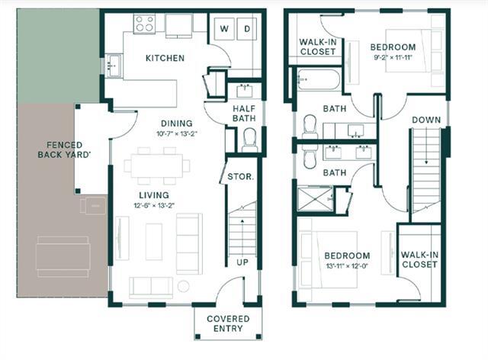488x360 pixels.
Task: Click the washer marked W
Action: (x=224, y=29)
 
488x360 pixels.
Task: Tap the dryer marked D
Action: (x=247, y=29)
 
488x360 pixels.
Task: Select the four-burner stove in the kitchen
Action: (x=144, y=24)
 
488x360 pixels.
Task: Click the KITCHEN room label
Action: (x=165, y=58)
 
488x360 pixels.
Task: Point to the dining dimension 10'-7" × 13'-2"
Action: (x=177, y=134)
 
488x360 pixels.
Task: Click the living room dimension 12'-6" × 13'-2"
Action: (x=154, y=205)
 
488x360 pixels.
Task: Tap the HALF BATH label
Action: (x=244, y=114)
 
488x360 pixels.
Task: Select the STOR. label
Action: (x=241, y=177)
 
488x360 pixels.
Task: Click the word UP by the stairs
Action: (x=242, y=262)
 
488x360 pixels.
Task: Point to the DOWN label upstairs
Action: (x=426, y=120)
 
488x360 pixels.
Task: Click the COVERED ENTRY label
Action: (x=228, y=323)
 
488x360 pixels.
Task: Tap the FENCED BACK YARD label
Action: (x=64, y=149)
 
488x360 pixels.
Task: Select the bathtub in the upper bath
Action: (x=318, y=80)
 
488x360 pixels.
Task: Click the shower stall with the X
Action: (x=315, y=198)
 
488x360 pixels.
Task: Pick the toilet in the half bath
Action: (x=249, y=140)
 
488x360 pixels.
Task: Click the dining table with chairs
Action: (x=157, y=166)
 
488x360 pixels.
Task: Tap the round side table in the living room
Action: (x=183, y=286)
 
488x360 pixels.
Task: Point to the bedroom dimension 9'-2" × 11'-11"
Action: (x=393, y=58)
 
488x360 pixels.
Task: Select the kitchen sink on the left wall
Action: (x=114, y=66)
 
